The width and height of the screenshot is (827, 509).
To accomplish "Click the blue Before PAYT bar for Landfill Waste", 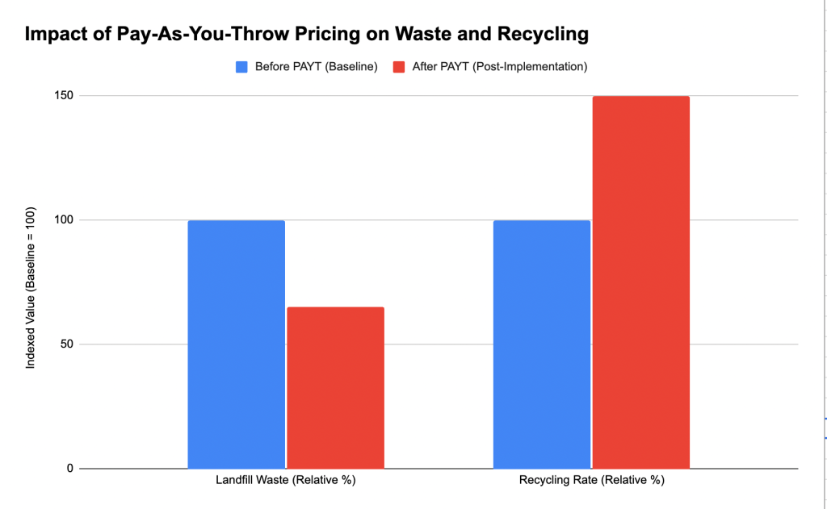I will pyautogui.click(x=236, y=344).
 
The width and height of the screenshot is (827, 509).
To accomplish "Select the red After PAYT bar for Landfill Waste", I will pyautogui.click(x=335, y=388).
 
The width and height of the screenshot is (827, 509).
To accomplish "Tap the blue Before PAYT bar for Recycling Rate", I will pyautogui.click(x=541, y=344).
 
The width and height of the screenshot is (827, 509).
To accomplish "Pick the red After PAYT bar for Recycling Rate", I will pyautogui.click(x=640, y=282).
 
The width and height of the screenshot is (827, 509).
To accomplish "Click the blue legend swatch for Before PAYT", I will pyautogui.click(x=241, y=67).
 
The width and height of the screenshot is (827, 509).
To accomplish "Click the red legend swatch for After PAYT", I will pyautogui.click(x=399, y=67).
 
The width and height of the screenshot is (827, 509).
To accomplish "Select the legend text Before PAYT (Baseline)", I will pyautogui.click(x=317, y=67).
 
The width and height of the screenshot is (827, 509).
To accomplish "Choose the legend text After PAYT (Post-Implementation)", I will pyautogui.click(x=499, y=67).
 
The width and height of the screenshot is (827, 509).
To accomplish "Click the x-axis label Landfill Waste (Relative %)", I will pyautogui.click(x=286, y=481).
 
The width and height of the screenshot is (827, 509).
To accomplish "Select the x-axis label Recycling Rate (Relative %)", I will pyautogui.click(x=591, y=481).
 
